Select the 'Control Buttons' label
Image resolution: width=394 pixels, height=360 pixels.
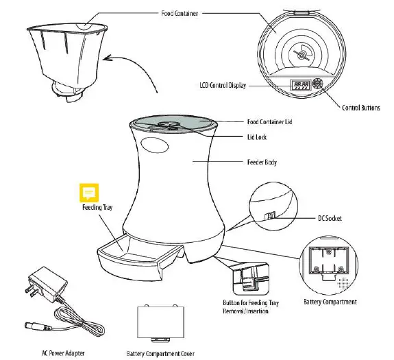(x=362, y=108)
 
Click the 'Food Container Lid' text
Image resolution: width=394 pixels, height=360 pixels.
(x=271, y=122)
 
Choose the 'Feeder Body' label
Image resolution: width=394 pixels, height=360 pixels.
(x=262, y=163)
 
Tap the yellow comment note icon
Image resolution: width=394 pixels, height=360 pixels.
(x=87, y=192)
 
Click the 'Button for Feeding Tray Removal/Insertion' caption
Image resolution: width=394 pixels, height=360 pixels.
(x=243, y=306)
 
